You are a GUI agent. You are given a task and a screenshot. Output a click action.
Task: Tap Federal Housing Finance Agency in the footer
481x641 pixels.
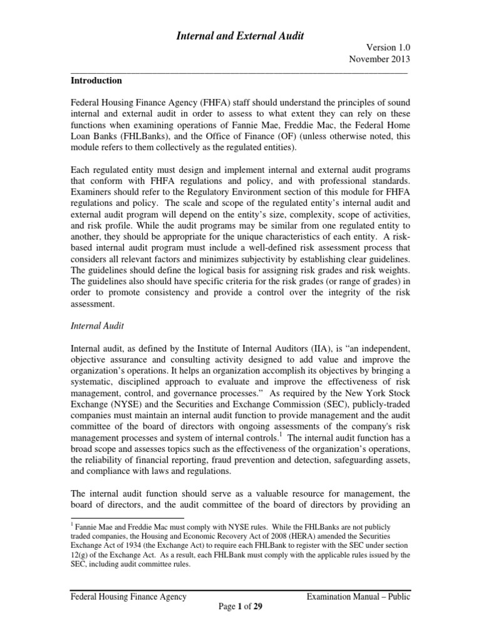[128, 597]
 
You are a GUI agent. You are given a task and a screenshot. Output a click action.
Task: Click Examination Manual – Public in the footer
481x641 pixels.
[358, 597]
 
